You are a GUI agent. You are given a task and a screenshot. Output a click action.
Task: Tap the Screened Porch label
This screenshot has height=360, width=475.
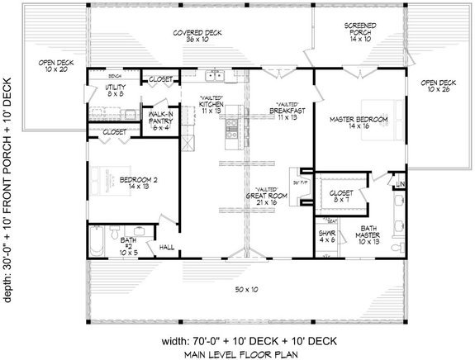(359, 31)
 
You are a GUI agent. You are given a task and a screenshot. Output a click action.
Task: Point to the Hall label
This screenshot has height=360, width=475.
(165, 247)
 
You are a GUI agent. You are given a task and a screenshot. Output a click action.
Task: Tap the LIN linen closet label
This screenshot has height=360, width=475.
(400, 183)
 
